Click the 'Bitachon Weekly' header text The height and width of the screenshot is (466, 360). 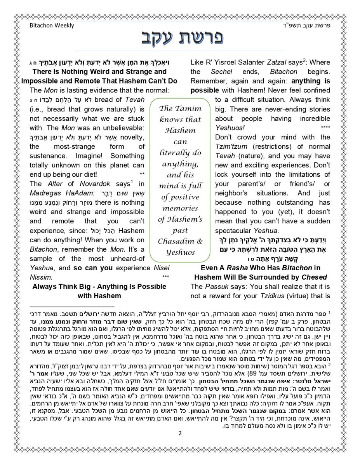pos(52,26)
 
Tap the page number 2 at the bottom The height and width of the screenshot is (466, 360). pos(180,433)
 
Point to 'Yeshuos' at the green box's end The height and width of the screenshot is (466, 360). pos(180,252)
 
